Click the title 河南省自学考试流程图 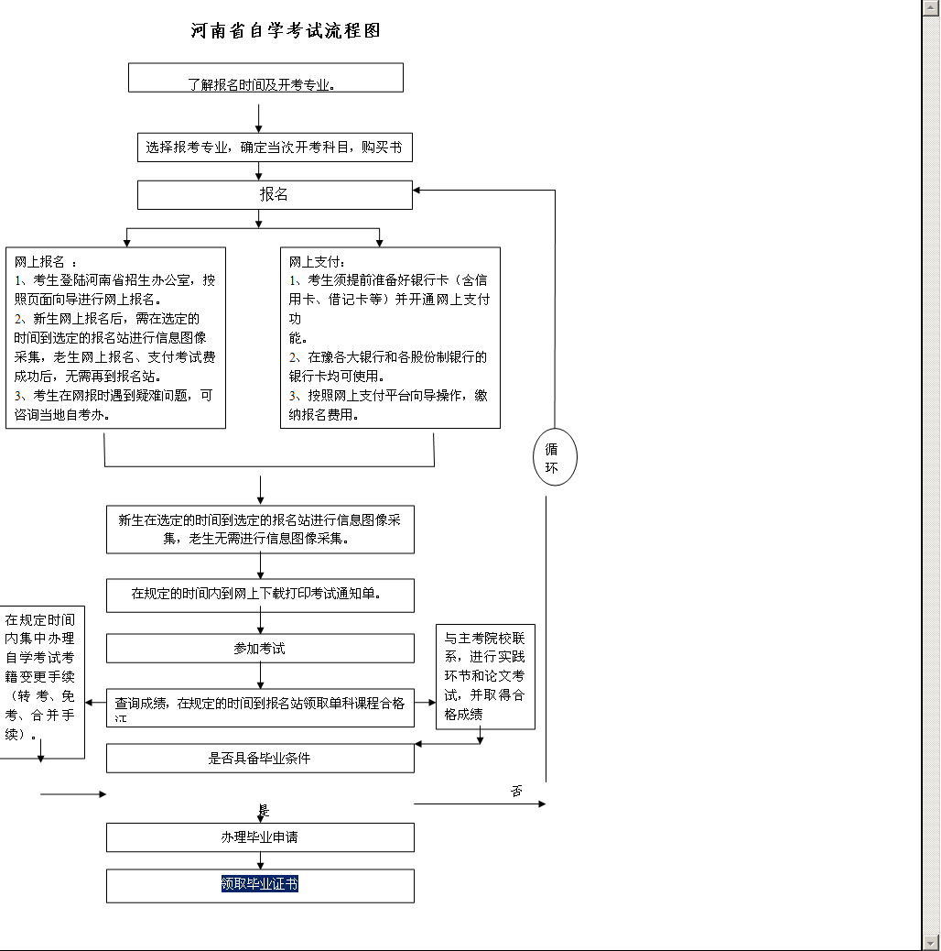click(x=286, y=30)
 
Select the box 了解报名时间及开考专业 click(x=265, y=79)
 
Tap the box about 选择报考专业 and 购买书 click(x=275, y=147)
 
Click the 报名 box click(x=275, y=194)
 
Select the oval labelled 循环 click(x=555, y=456)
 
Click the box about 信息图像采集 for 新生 click(x=260, y=530)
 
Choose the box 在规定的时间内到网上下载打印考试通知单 click(x=260, y=595)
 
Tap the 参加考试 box click(x=260, y=648)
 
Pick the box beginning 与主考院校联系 click(x=485, y=675)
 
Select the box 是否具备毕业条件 click(x=260, y=758)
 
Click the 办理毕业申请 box click(x=260, y=837)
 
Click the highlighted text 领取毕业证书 click(x=260, y=884)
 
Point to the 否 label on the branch click(x=517, y=791)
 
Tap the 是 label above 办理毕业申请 click(x=264, y=811)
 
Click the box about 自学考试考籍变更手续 click(x=40, y=676)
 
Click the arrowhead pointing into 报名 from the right click(x=417, y=191)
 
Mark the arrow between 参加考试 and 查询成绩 click(x=260, y=675)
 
